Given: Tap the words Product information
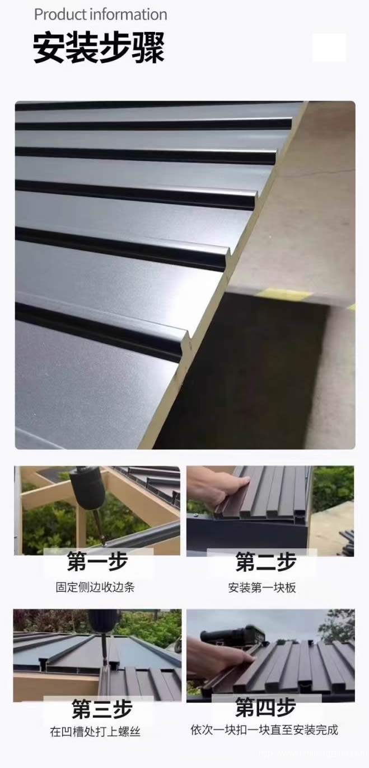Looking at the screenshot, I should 101,15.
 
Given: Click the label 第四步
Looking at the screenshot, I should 265,708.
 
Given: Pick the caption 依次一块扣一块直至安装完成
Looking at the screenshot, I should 264,730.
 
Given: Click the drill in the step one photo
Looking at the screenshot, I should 90,492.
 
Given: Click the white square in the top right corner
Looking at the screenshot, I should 329,47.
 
